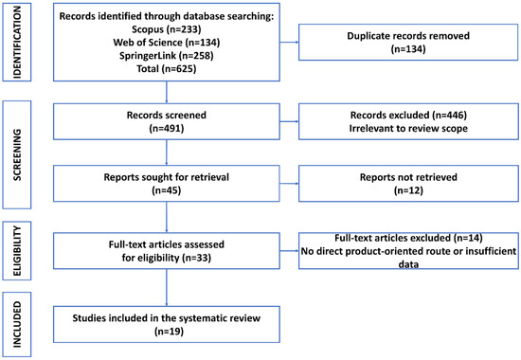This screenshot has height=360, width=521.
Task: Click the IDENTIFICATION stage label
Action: (17, 43)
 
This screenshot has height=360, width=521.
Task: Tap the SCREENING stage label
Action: (17, 155)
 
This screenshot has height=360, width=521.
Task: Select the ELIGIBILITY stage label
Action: (17, 251)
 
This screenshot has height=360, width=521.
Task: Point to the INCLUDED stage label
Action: (17, 324)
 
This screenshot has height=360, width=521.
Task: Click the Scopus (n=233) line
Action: (167, 29)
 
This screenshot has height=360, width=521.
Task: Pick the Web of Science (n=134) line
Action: (167, 43)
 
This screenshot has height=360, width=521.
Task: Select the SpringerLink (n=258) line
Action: (167, 56)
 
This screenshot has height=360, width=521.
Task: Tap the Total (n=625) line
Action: (167, 69)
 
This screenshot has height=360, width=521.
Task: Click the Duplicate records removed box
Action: (408, 43)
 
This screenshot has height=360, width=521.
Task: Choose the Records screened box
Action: (167, 121)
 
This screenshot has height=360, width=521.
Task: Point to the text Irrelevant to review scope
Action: (408, 128)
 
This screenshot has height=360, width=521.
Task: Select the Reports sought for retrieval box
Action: (167, 184)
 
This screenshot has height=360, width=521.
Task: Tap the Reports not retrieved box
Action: (408, 184)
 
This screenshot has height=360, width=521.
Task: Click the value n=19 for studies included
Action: (169, 332)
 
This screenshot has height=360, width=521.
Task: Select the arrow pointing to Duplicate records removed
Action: (289, 43)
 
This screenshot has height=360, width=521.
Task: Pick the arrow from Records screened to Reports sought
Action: (167, 153)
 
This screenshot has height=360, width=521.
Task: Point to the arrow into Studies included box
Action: (167, 288)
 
